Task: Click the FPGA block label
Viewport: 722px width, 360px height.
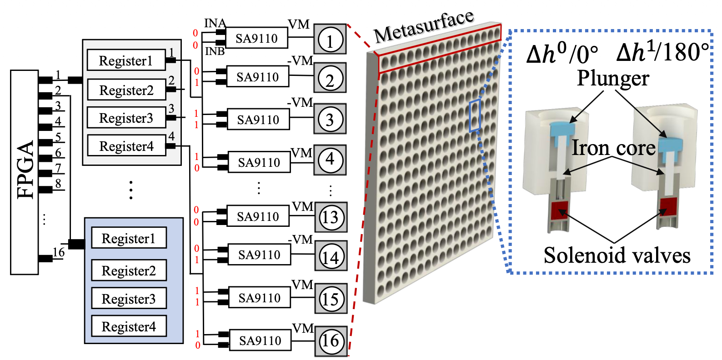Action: coord(25,170)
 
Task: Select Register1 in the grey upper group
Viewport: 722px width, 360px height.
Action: coord(126,60)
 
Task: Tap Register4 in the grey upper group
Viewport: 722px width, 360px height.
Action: coord(127,146)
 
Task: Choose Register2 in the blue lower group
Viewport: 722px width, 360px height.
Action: coord(129,270)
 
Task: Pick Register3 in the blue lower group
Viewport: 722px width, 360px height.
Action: coord(129,299)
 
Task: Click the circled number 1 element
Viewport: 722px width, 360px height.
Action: coord(330,40)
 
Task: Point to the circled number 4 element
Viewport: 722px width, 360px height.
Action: coord(330,160)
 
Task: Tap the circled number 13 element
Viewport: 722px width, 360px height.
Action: coord(331,217)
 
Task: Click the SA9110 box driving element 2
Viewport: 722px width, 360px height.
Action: coord(258,77)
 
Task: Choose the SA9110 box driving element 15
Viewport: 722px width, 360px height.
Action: coord(260,298)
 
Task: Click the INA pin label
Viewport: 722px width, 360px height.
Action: coord(215,23)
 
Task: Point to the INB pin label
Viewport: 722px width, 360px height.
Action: coord(215,51)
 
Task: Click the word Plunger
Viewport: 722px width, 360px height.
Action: coord(613,78)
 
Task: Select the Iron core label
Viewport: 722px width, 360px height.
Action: coord(613,148)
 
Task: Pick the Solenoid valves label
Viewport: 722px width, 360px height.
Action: coord(617,255)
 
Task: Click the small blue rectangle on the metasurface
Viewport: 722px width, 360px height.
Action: coord(475,115)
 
